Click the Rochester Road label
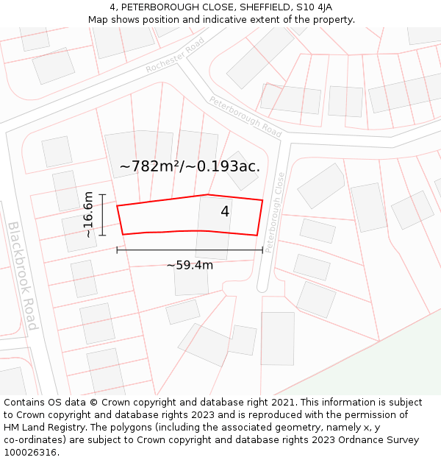click(x=175, y=55)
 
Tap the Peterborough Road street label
click(x=245, y=116)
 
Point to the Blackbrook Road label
click(x=22, y=275)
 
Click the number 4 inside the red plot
click(x=225, y=212)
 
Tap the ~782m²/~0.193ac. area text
click(x=190, y=166)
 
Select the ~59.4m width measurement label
click(x=190, y=265)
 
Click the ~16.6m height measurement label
click(x=88, y=214)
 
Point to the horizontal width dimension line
click(x=190, y=250)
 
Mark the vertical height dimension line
click(x=102, y=215)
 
